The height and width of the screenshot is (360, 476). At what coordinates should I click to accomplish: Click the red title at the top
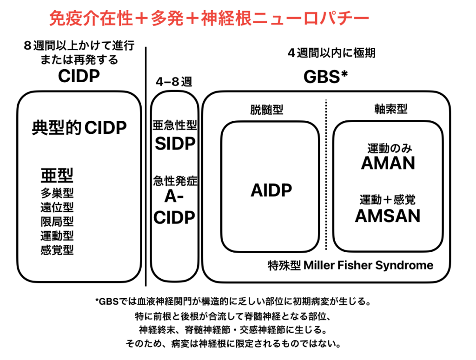point(209,18)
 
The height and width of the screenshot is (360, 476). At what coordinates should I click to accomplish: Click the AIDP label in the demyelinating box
point(271,190)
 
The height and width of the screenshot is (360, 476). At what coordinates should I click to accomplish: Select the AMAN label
point(388,163)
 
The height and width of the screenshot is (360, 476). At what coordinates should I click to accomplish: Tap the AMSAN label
point(388,216)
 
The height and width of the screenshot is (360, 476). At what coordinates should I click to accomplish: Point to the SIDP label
point(175,144)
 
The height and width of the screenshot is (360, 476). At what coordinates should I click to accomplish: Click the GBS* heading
point(325,77)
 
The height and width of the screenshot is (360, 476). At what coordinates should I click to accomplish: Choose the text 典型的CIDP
point(79,127)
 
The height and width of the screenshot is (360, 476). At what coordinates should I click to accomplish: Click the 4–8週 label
point(174,82)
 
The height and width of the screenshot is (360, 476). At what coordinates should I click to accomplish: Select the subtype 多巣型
point(57,193)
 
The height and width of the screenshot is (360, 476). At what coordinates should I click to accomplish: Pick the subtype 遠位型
point(57,207)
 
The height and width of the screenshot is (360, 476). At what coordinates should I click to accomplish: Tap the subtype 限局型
point(57,222)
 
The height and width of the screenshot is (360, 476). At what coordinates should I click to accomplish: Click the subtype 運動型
point(57,236)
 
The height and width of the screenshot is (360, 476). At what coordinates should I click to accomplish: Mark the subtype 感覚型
point(57,250)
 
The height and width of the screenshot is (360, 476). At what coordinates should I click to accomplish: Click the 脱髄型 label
point(266,110)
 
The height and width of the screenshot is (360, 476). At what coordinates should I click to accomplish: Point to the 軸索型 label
point(390,109)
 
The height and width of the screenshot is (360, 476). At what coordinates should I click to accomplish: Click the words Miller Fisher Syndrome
point(369,265)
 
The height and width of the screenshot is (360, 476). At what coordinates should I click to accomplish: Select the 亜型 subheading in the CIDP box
point(57,175)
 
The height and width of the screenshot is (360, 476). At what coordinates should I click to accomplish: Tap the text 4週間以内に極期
point(331,53)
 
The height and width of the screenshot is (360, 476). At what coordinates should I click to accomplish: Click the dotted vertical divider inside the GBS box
point(326,175)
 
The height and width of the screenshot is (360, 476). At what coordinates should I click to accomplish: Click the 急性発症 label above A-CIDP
point(175,181)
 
